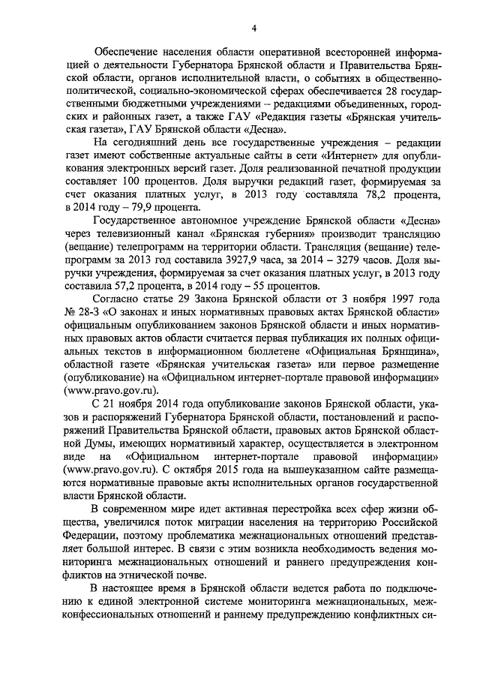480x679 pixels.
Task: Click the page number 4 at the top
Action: click(x=253, y=29)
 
